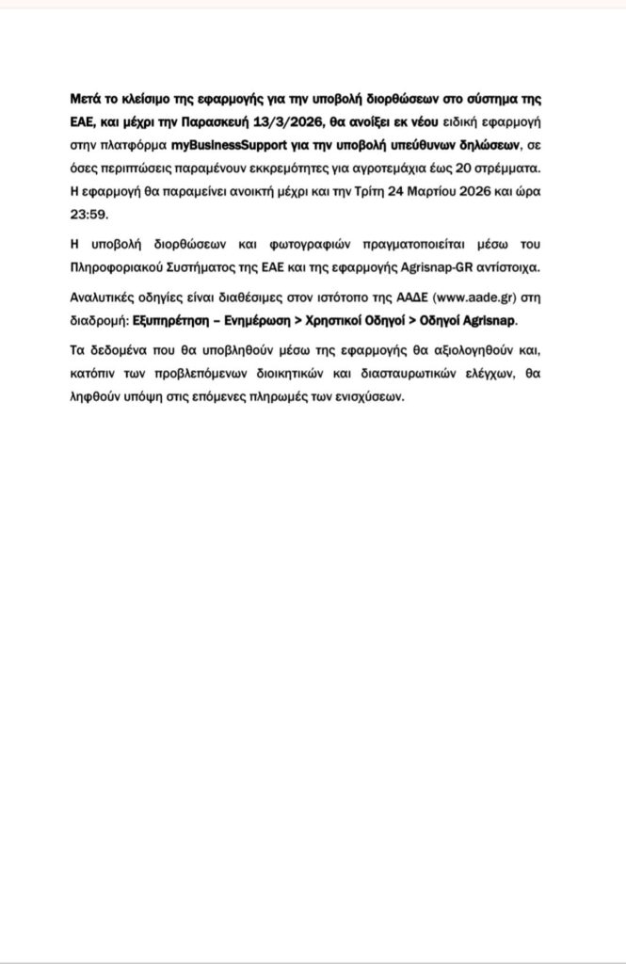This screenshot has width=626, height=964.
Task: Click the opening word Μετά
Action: [x=86, y=99]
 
